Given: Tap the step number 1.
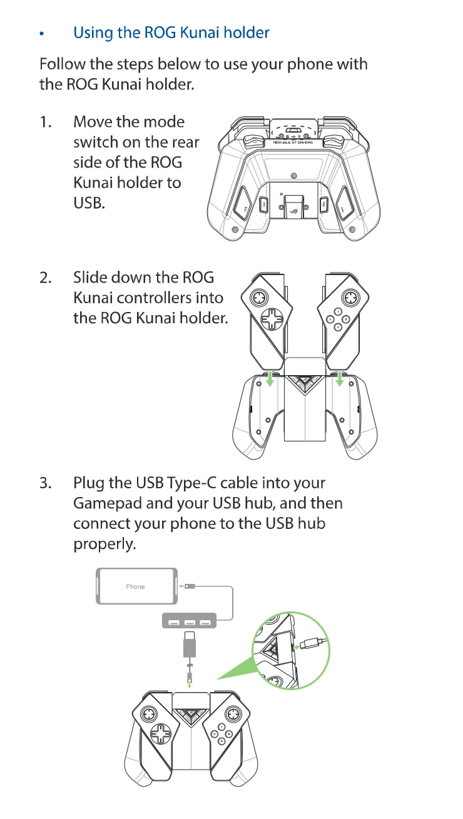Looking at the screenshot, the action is pos(46,122).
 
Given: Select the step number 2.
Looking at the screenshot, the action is pos(46,278).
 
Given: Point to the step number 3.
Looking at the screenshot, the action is pos(46,483).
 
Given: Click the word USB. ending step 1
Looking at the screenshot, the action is pos(89,203).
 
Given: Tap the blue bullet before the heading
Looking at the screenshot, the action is pos(42,34).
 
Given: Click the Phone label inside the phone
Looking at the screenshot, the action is pos(135,586).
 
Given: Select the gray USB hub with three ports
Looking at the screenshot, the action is pos(189,621).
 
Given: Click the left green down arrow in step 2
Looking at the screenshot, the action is pos(270,379).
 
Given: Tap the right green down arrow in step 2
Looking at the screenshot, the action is pos(340,379).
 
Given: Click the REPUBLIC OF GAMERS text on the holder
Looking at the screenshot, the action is pos(293,142).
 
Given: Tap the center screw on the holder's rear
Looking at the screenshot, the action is pos(293,176).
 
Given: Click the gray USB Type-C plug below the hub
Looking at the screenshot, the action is pos(189,644).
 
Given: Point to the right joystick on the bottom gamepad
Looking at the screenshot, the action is pos(232,713).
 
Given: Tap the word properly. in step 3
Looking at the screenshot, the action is pos(104,544).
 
